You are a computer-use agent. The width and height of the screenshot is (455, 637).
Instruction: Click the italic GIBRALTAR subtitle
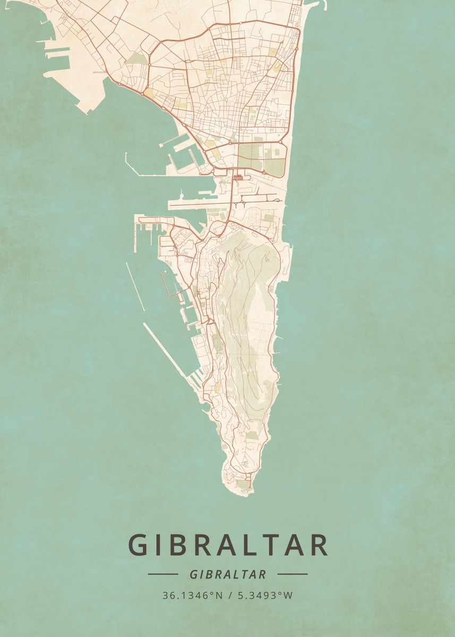pos(227,574)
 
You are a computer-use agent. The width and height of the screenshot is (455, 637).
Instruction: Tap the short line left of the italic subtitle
pos(162,574)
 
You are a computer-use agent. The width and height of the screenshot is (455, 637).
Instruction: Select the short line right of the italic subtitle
pos(293,574)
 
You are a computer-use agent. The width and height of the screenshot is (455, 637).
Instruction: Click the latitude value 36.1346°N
pos(193,596)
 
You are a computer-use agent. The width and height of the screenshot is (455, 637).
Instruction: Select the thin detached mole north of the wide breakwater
pos(135,286)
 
